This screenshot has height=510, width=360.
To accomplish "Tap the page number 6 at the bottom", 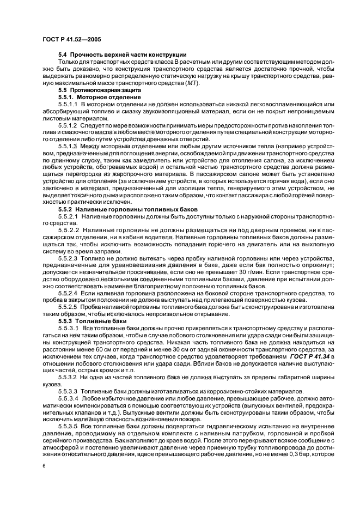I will point(43,466).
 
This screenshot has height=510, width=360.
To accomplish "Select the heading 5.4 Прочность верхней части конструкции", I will point(123,54).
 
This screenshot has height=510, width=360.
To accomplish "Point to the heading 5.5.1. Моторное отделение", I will point(95,96).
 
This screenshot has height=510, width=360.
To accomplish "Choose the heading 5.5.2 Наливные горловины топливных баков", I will point(134,209).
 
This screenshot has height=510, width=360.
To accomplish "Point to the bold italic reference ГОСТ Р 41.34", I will point(310,356).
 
